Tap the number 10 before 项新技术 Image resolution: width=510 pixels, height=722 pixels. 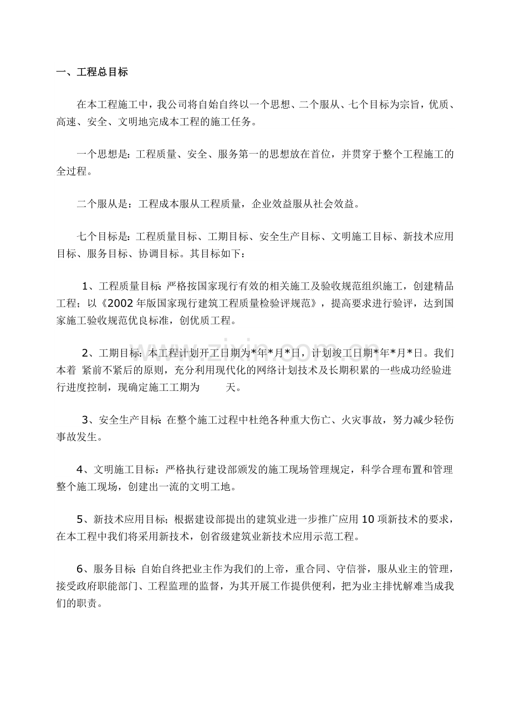[368, 520]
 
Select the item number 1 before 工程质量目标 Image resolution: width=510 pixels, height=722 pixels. [85, 286]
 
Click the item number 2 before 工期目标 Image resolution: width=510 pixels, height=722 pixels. [85, 353]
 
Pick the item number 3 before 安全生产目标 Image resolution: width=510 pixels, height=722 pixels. [85, 419]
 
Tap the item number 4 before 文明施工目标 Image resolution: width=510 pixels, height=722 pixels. [80, 470]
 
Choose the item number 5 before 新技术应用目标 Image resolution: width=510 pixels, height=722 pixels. [80, 520]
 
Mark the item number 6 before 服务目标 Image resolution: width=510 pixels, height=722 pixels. [80, 569]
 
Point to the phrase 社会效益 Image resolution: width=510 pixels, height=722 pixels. [334, 204]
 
